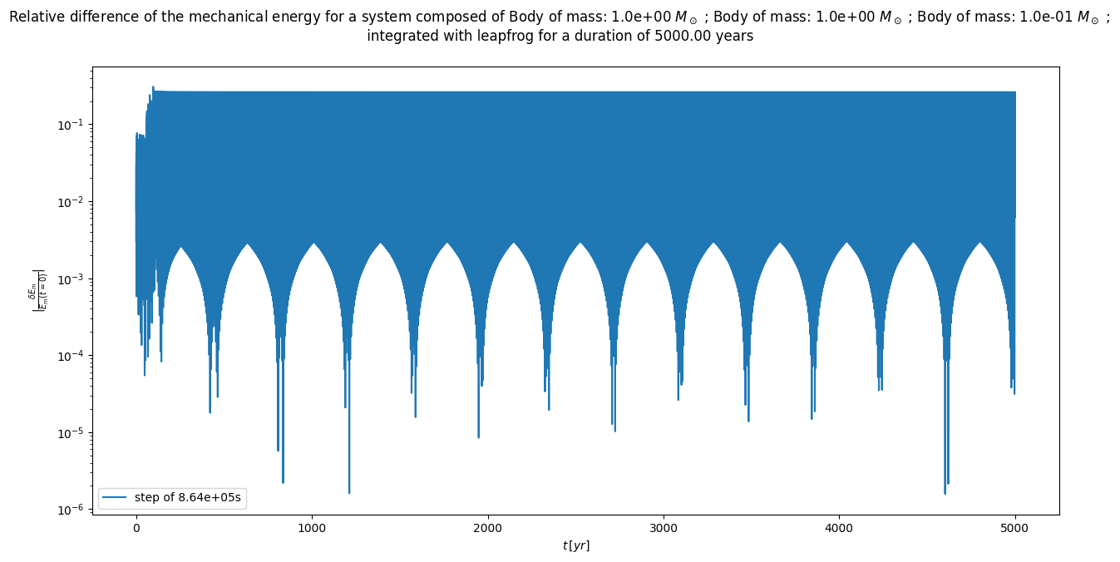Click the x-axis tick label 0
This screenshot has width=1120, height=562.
tap(136, 528)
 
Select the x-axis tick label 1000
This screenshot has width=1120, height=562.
tap(312, 528)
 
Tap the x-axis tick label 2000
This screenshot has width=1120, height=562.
tap(487, 528)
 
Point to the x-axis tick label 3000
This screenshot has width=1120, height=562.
tap(664, 528)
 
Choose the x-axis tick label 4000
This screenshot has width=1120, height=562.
tap(839, 528)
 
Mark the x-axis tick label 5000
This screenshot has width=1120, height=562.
tap(1015, 528)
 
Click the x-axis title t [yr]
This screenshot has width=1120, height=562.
tap(575, 545)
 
